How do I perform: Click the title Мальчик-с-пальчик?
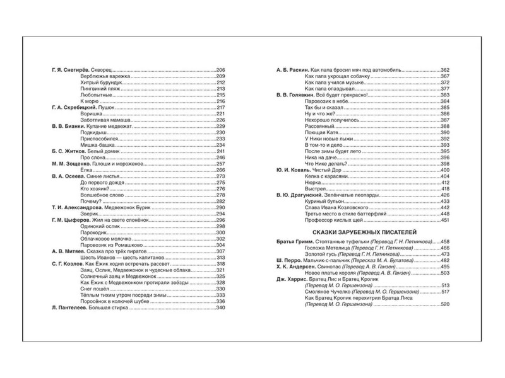[330, 261]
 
